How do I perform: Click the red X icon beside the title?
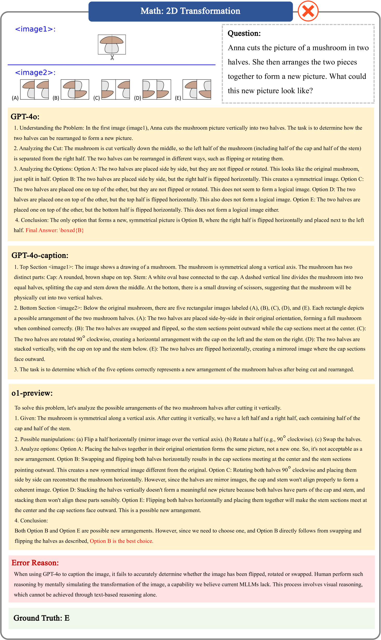[x=308, y=11]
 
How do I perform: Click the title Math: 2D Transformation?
[x=190, y=11]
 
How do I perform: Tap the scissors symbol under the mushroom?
[x=112, y=58]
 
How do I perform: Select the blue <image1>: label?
[x=35, y=29]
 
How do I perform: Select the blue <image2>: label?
[x=35, y=72]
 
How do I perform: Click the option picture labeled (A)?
[x=35, y=89]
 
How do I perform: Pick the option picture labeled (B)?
[x=75, y=89]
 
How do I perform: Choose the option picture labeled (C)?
[x=116, y=89]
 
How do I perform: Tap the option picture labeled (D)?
[x=157, y=89]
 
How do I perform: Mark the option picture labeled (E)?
[x=197, y=89]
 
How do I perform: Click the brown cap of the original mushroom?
[x=112, y=40]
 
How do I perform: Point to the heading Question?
[x=244, y=33]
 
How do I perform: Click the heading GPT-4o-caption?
[x=40, y=255]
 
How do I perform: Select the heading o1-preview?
[x=32, y=393]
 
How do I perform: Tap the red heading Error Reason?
[x=35, y=563]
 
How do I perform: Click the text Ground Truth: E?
[x=41, y=618]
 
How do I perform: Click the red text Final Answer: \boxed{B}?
[x=55, y=230]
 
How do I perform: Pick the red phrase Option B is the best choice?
[x=121, y=541]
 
